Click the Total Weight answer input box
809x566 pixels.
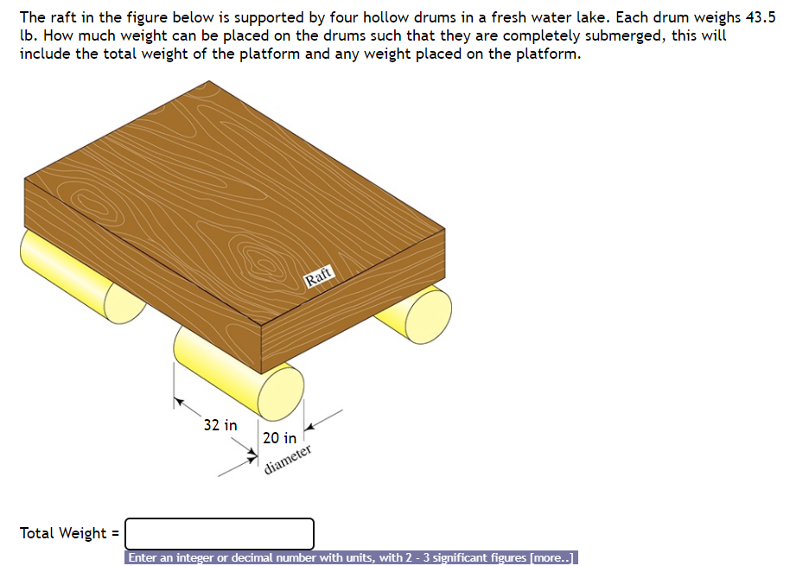tap(220, 533)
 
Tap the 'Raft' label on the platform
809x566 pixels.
tap(318, 277)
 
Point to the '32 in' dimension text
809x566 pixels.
tap(220, 425)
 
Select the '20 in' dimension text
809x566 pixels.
tap(279, 438)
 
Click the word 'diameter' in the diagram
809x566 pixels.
tap(288, 461)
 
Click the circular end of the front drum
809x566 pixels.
tap(281, 390)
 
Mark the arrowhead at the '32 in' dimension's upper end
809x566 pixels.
tap(178, 400)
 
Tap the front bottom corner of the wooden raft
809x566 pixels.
tap(261, 372)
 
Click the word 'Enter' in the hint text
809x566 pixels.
tap(146, 558)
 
